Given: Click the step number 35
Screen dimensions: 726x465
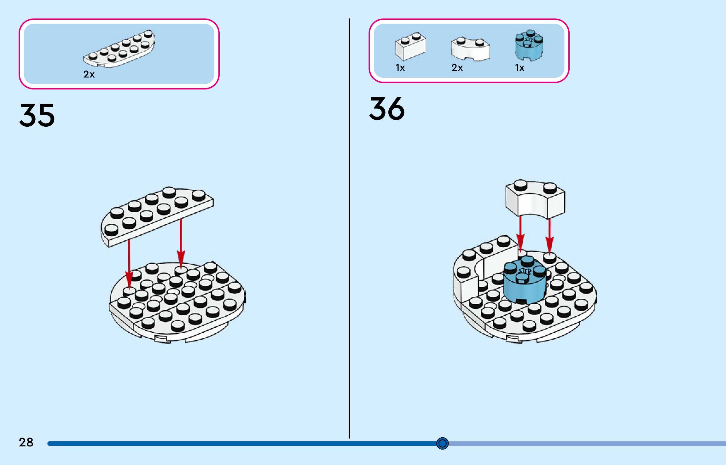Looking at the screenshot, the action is [x=37, y=115].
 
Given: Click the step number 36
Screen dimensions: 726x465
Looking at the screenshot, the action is [x=387, y=109].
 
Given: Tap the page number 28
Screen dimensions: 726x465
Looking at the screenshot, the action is [x=26, y=442].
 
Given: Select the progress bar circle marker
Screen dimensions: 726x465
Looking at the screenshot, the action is [x=442, y=444].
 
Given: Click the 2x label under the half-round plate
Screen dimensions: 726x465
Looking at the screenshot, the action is [x=89, y=74].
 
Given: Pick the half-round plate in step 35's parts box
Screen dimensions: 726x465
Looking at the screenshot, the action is [x=119, y=49].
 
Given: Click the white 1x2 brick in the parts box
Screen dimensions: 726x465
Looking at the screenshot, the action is [x=410, y=46].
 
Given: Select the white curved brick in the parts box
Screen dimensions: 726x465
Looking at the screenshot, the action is [x=470, y=49].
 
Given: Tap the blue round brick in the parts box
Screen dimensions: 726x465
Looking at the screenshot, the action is [x=529, y=45].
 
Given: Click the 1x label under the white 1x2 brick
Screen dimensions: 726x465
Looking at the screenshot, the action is [x=400, y=68].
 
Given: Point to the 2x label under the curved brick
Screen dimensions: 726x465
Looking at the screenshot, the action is [x=457, y=68].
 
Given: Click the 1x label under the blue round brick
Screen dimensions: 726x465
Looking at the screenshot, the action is [x=520, y=68].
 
